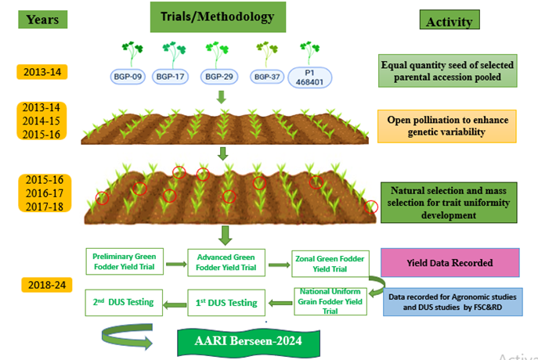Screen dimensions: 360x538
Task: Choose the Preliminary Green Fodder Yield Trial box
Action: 125,262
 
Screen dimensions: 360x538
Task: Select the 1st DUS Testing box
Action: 226,301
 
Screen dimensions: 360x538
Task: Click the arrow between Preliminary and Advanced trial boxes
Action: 175,265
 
